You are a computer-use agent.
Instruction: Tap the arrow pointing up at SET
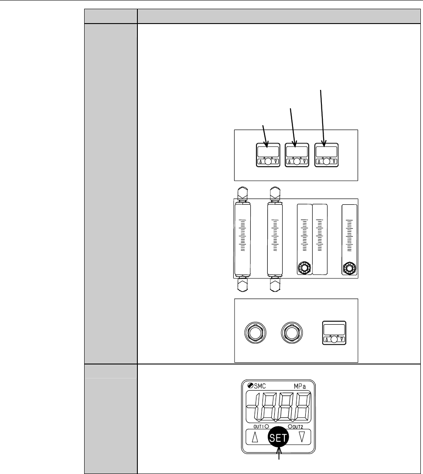point(279,460)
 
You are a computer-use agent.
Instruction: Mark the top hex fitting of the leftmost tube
point(243,192)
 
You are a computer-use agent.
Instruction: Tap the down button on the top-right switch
point(334,161)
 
